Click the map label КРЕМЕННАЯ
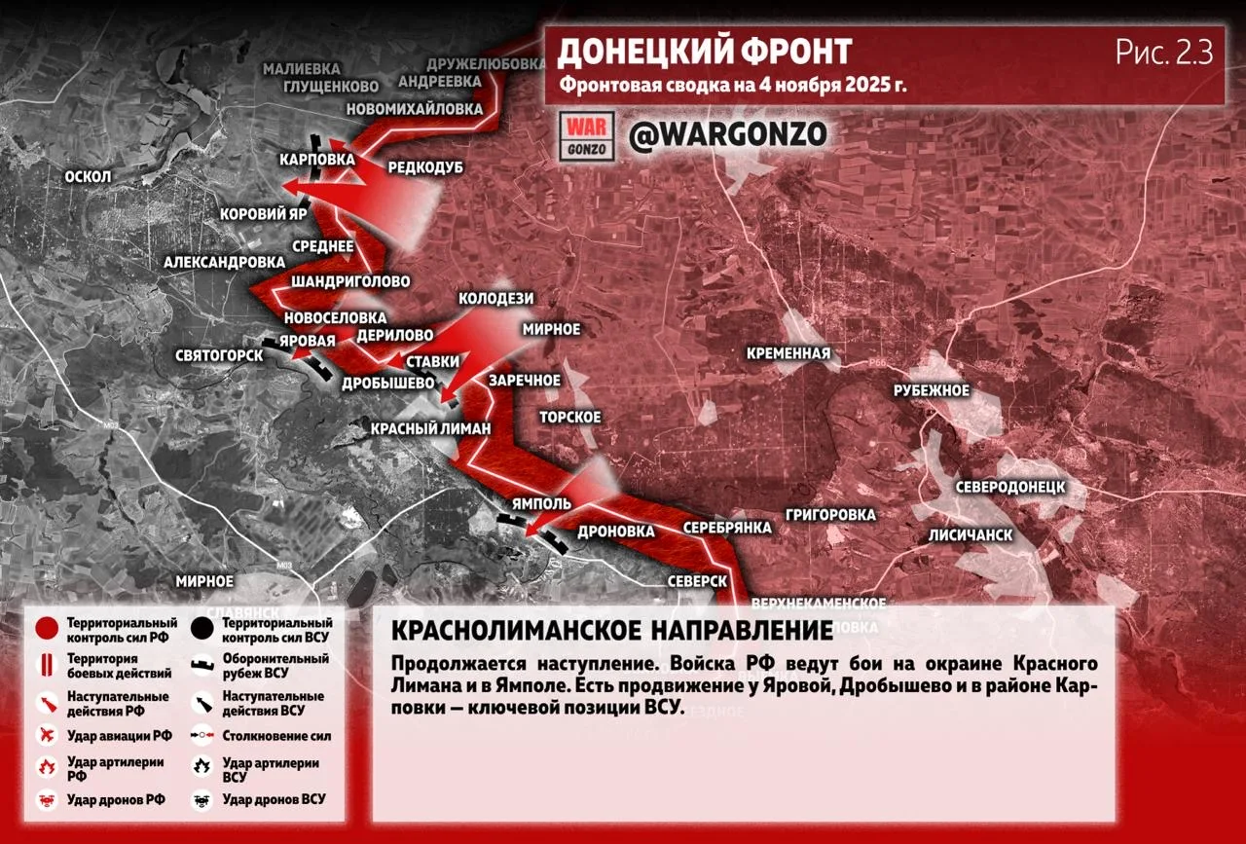pyautogui.click(x=788, y=353)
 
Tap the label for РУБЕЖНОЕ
pyautogui.click(x=932, y=390)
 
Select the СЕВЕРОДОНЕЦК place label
pyautogui.click(x=1009, y=486)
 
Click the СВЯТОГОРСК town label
pyautogui.click(x=219, y=355)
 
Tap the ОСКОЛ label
pyautogui.click(x=88, y=176)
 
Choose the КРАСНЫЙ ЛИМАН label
pyautogui.click(x=431, y=428)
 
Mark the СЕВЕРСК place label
pyautogui.click(x=698, y=580)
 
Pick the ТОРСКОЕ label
pyautogui.click(x=570, y=417)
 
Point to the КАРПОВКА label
pyautogui.click(x=315, y=159)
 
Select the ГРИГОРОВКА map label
pyautogui.click(x=831, y=514)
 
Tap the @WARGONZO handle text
pyautogui.click(x=727, y=134)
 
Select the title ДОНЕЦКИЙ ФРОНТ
pyautogui.click(x=704, y=52)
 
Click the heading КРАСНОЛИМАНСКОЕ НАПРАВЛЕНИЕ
pyautogui.click(x=611, y=630)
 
